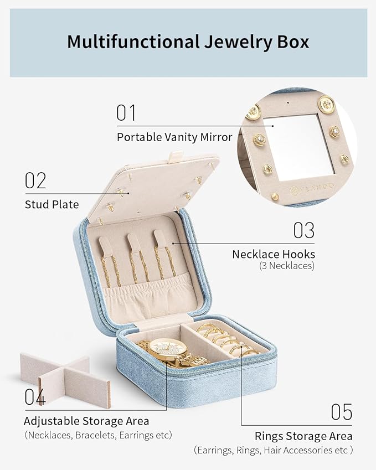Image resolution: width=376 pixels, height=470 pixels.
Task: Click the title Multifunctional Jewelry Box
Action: [188, 42]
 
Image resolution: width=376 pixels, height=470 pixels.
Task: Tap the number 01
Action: [126, 113]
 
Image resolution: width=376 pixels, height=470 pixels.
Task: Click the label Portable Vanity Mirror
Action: [174, 137]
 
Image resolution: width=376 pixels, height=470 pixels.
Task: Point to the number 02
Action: [35, 180]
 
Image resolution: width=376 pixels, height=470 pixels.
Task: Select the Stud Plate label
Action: [52, 204]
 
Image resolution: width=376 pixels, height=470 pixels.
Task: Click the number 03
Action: [304, 230]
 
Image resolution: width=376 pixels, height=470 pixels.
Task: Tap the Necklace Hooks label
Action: [274, 254]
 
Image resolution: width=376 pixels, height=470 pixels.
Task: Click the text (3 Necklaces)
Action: [287, 266]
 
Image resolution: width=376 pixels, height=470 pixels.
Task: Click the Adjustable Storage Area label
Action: [86, 421]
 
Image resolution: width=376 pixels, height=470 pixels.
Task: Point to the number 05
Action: [342, 412]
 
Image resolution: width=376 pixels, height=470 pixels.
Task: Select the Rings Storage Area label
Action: [303, 436]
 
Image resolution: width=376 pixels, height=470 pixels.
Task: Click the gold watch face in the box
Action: [167, 349]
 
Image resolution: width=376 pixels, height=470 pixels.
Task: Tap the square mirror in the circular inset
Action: [298, 147]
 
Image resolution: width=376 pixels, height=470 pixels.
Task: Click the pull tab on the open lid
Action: [174, 157]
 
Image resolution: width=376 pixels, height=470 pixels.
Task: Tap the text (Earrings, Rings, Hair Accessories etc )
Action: [273, 450]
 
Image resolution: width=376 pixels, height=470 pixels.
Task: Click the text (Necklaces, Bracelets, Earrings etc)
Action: [99, 435]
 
